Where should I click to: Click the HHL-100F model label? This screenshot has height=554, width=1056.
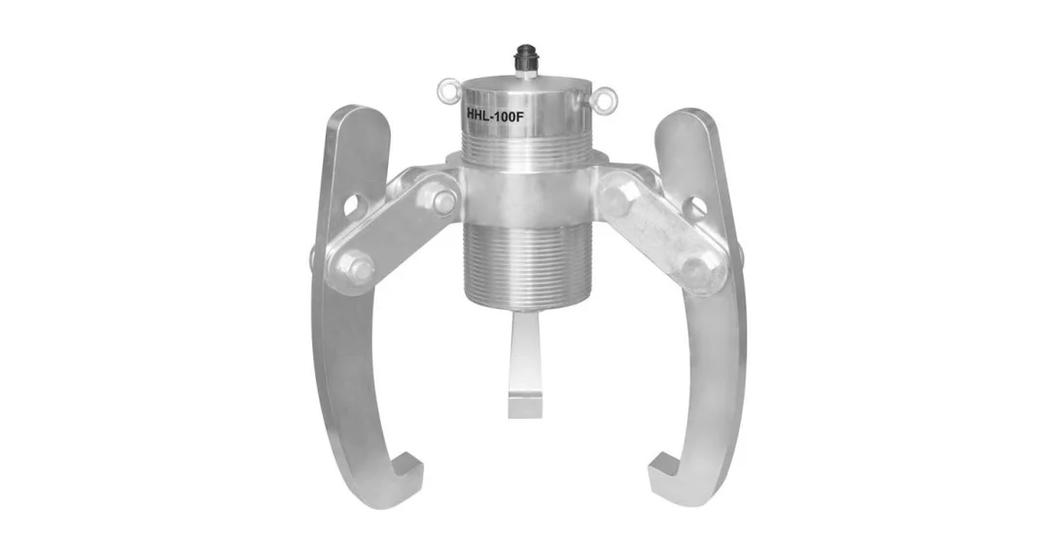[x=494, y=115]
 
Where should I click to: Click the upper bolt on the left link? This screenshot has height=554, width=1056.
[x=441, y=200]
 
